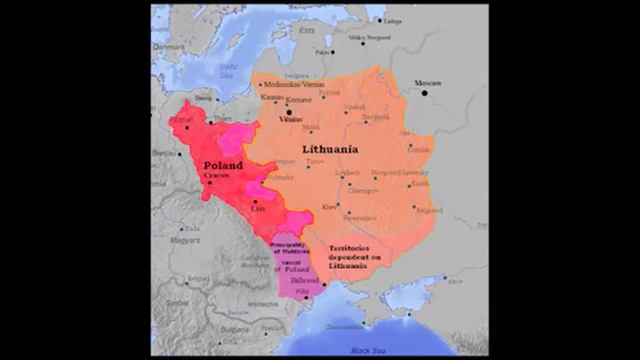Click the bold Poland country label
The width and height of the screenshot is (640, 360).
click(222, 165)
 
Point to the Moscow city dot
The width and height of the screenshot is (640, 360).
click(424, 93)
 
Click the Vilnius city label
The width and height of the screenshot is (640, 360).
click(291, 120)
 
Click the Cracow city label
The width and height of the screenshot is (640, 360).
click(217, 176)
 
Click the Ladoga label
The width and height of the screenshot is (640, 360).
click(393, 21)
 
